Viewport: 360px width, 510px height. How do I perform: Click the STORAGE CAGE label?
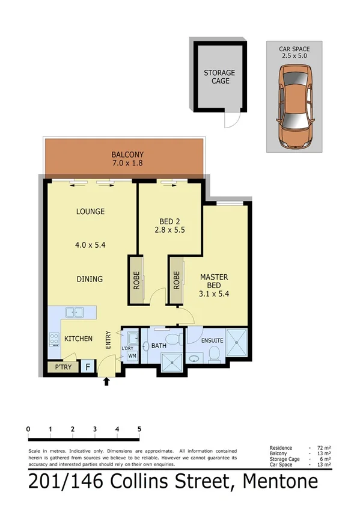click(219, 76)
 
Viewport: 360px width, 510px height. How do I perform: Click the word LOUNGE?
click(91, 212)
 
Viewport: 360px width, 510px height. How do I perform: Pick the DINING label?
click(90, 279)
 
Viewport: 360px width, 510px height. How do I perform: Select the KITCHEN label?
click(79, 339)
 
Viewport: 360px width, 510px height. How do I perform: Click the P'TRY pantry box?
click(63, 367)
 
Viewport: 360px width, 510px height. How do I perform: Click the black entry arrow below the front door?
click(108, 381)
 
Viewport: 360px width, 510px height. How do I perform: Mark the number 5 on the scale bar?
click(139, 429)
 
